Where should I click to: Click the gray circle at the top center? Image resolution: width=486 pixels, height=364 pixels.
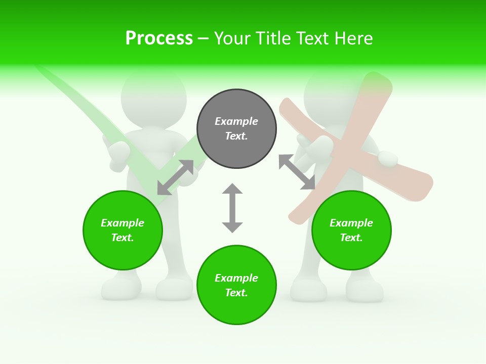tap(236, 129)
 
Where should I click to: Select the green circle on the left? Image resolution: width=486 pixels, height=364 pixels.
tap(123, 230)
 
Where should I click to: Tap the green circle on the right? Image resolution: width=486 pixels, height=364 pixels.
tap(351, 230)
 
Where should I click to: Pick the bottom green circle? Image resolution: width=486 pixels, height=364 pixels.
tap(236, 285)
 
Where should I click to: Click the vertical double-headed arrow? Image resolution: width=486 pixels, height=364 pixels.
tap(232, 208)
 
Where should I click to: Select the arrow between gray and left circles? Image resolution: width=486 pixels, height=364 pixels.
tap(175, 177)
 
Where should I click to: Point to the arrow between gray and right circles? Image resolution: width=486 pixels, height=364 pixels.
tap(297, 172)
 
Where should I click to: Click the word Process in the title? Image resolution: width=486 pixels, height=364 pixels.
tap(159, 38)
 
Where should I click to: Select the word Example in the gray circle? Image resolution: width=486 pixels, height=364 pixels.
tap(236, 121)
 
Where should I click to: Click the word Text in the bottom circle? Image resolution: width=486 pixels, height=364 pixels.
tap(235, 293)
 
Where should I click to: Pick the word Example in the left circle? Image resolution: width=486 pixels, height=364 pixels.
tap(123, 223)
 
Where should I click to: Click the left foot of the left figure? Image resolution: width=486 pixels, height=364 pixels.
tap(121, 288)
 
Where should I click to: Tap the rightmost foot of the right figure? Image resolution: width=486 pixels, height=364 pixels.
tap(364, 289)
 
